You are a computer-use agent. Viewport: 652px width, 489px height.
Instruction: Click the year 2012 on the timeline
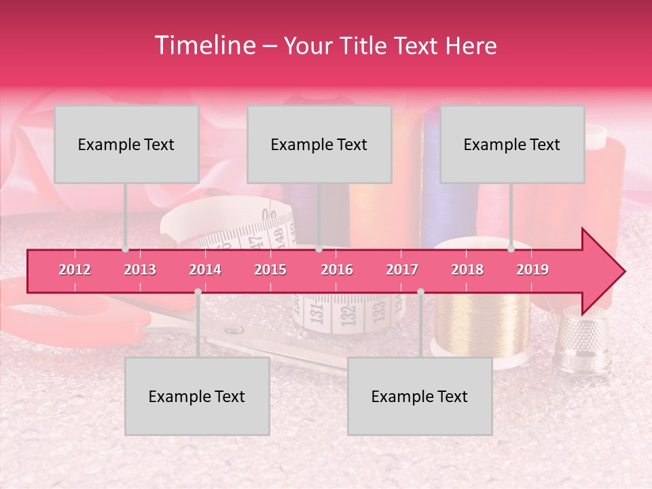[75, 270]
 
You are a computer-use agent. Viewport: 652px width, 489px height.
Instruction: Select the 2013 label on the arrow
[140, 270]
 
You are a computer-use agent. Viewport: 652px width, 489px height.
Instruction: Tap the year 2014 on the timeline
[205, 270]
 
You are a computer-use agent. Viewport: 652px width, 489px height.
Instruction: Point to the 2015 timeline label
[270, 270]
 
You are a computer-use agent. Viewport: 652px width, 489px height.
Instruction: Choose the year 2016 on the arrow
[337, 270]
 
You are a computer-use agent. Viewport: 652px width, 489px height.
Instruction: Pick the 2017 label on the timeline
[402, 270]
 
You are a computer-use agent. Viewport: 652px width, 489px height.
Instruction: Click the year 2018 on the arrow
[467, 270]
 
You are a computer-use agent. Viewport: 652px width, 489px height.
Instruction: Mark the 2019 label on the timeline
[532, 270]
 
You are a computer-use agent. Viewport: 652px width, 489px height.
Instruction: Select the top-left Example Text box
[126, 144]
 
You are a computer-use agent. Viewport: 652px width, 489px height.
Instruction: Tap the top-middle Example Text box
[319, 144]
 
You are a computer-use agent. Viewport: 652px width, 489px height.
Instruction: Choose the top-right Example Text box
[512, 144]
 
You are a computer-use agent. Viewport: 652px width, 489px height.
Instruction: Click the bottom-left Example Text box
[197, 396]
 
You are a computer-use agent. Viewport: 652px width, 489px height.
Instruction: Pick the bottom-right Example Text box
[420, 396]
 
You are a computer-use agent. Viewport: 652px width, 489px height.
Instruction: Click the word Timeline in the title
[203, 46]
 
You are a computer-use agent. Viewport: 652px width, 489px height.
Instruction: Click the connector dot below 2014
[198, 291]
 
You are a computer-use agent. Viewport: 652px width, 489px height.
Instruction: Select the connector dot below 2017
[420, 291]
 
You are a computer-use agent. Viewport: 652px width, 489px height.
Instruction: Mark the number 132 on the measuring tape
[348, 314]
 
